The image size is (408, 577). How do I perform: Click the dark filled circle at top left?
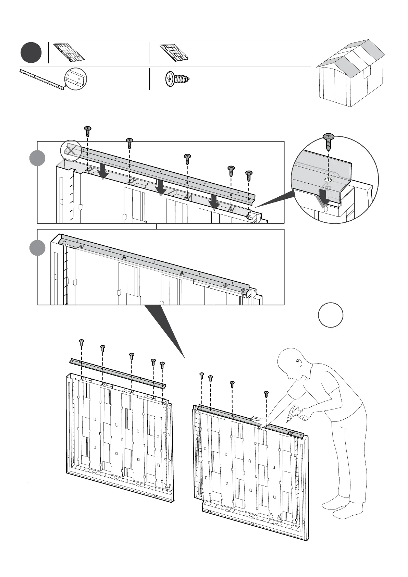click(31, 53)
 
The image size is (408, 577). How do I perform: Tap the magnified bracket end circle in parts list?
click(76, 79)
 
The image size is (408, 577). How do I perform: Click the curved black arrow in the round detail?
click(323, 197)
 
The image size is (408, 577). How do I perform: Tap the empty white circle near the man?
click(331, 315)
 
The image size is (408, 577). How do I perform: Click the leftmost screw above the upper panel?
click(88, 131)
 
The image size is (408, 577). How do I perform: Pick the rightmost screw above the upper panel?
click(249, 175)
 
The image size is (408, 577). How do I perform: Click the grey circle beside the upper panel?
click(37, 158)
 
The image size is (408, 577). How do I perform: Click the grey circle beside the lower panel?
click(37, 248)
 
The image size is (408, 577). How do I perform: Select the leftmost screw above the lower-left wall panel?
click(82, 342)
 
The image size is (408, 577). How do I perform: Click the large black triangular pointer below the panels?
click(164, 326)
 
